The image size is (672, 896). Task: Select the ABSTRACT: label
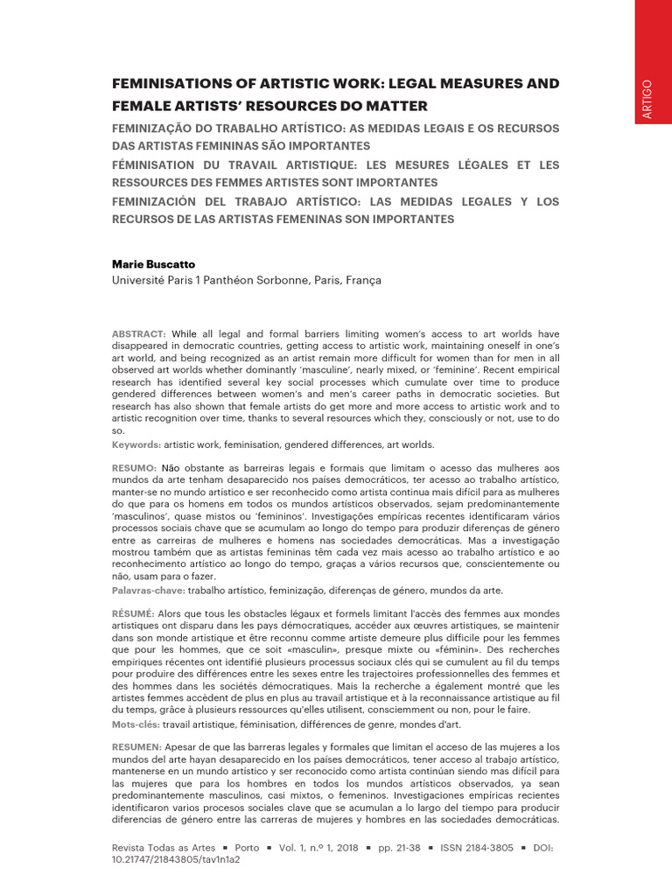[x=138, y=334]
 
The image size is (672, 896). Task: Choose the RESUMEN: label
[x=136, y=745]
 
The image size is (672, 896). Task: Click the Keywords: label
[x=136, y=445]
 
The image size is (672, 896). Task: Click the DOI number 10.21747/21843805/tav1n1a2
[x=176, y=860]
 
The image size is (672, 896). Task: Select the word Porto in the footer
[x=248, y=848]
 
